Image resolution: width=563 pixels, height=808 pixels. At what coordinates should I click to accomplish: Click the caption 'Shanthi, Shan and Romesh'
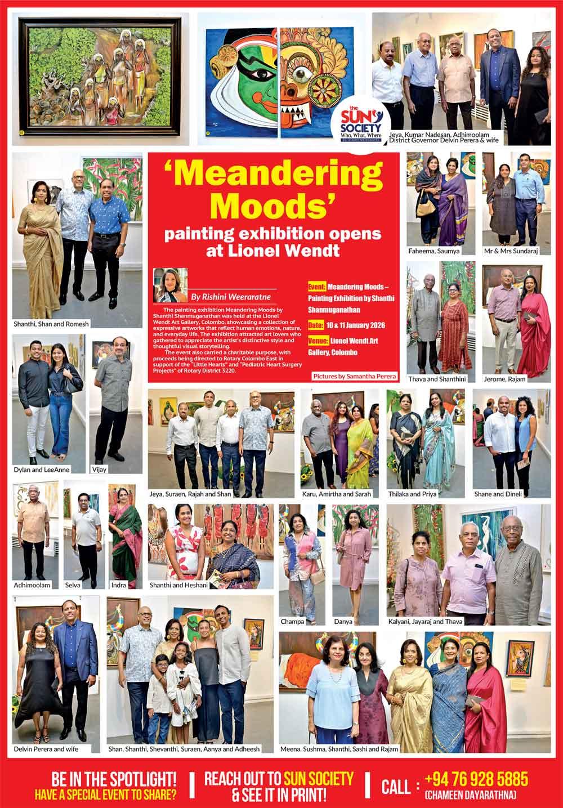click(52, 324)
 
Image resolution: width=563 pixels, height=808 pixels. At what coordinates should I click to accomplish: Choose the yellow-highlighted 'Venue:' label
click(318, 341)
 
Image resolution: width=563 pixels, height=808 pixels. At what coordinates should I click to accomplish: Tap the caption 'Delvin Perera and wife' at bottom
click(47, 749)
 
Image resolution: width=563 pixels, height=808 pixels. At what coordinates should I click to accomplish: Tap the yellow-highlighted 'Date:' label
click(316, 325)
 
